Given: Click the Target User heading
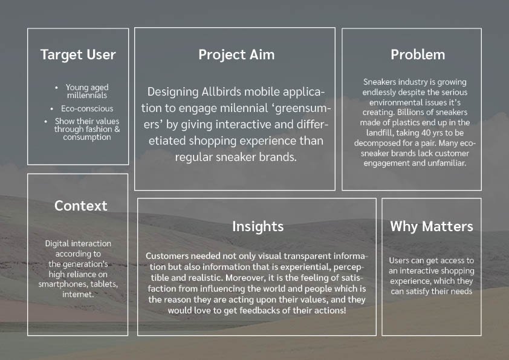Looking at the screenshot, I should point(77,54).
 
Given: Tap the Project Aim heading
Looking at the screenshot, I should point(236,54).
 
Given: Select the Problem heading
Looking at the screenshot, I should point(418,54).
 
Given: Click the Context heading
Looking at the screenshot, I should point(80,206).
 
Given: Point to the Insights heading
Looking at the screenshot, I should point(258,226).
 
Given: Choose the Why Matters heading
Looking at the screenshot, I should point(432,226).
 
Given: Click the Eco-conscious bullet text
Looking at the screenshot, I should point(87,108).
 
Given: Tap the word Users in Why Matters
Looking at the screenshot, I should point(400,261).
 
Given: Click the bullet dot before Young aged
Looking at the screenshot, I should point(56,87).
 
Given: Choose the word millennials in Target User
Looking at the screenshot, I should point(86,95).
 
